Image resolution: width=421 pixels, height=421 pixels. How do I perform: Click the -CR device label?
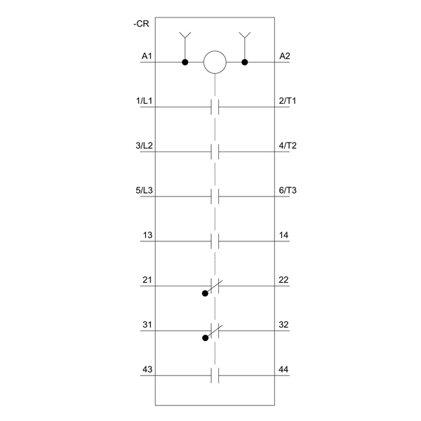click(141, 24)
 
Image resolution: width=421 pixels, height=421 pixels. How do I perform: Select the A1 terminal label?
click(147, 56)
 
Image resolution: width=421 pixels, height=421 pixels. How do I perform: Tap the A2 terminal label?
click(285, 56)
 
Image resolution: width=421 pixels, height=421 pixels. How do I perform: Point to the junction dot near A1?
click(185, 62)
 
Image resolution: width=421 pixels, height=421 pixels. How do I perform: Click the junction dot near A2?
click(245, 62)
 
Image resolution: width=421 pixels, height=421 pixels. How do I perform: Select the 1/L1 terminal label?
click(144, 101)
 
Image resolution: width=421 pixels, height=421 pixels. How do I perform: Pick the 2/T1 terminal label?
click(287, 101)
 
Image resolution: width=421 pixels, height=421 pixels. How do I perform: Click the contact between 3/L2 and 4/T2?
click(215, 152)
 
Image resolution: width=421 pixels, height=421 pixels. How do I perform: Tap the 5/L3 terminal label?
click(144, 190)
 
